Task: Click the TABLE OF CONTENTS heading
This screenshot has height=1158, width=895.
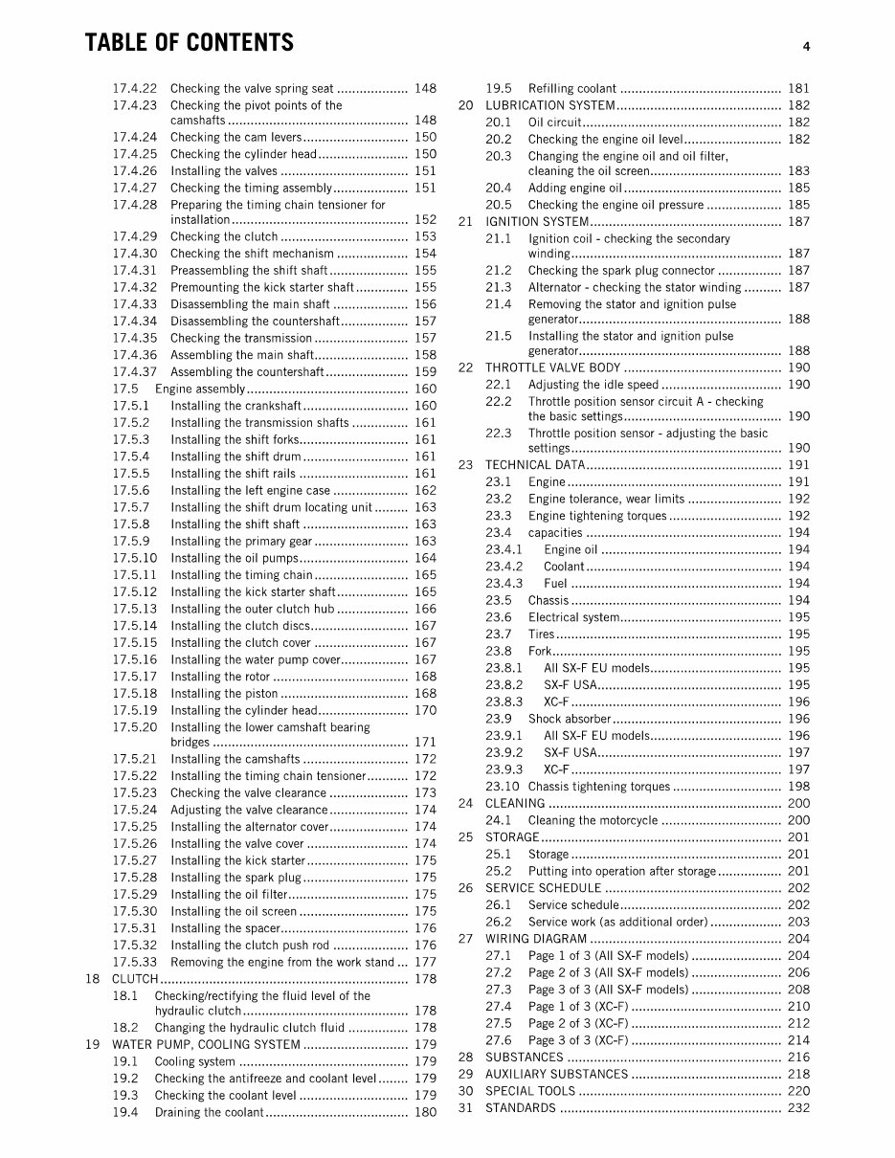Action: point(190,43)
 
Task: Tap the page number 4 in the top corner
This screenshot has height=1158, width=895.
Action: point(807,46)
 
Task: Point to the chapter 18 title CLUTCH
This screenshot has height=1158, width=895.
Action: point(135,979)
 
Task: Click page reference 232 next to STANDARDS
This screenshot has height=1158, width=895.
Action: point(798,1108)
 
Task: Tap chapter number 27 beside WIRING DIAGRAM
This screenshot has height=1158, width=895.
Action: point(466,939)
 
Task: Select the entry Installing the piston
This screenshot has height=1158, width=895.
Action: point(224,694)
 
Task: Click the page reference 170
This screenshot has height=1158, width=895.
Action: point(425,710)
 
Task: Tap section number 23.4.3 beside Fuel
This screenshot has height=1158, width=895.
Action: point(504,583)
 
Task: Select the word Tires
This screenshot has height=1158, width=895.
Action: point(541,634)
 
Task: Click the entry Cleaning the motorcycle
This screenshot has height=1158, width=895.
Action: point(593,820)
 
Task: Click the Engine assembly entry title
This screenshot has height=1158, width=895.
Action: point(200,389)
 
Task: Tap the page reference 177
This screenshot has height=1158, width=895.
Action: point(425,962)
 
